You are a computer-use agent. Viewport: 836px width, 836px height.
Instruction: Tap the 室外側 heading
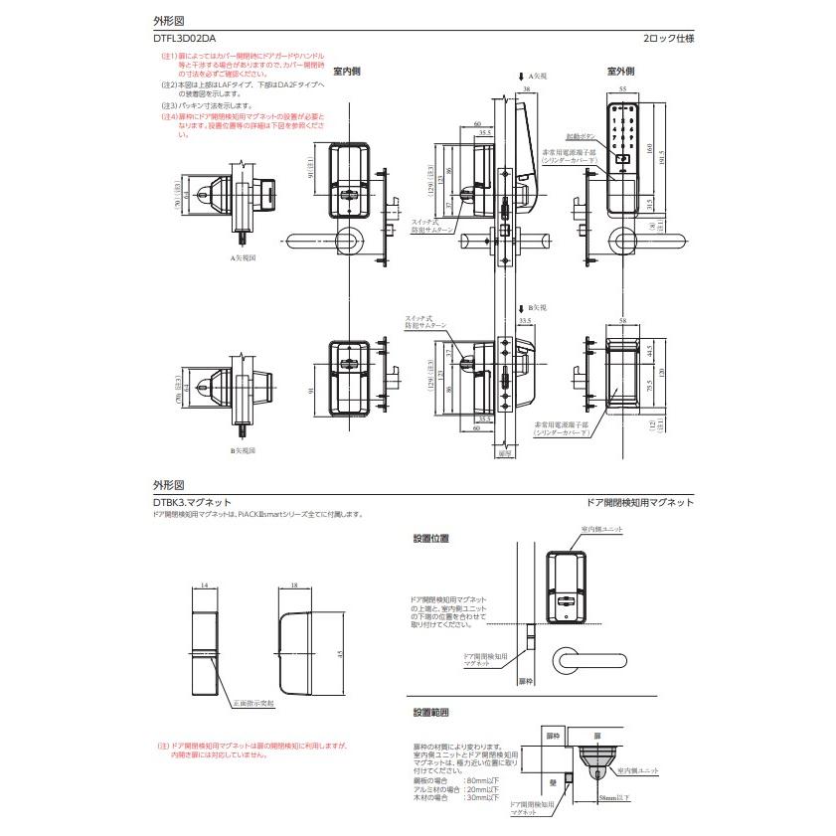pos(621,72)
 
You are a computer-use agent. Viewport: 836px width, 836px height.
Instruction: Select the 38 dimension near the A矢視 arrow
pos(526,88)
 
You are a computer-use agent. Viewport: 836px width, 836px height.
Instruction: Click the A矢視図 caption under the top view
pos(245,257)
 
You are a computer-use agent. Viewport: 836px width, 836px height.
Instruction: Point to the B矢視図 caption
pos(245,450)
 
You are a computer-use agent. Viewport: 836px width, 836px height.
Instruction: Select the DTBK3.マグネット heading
pos(192,503)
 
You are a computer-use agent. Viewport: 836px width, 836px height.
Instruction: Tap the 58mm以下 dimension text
pos(616,797)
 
